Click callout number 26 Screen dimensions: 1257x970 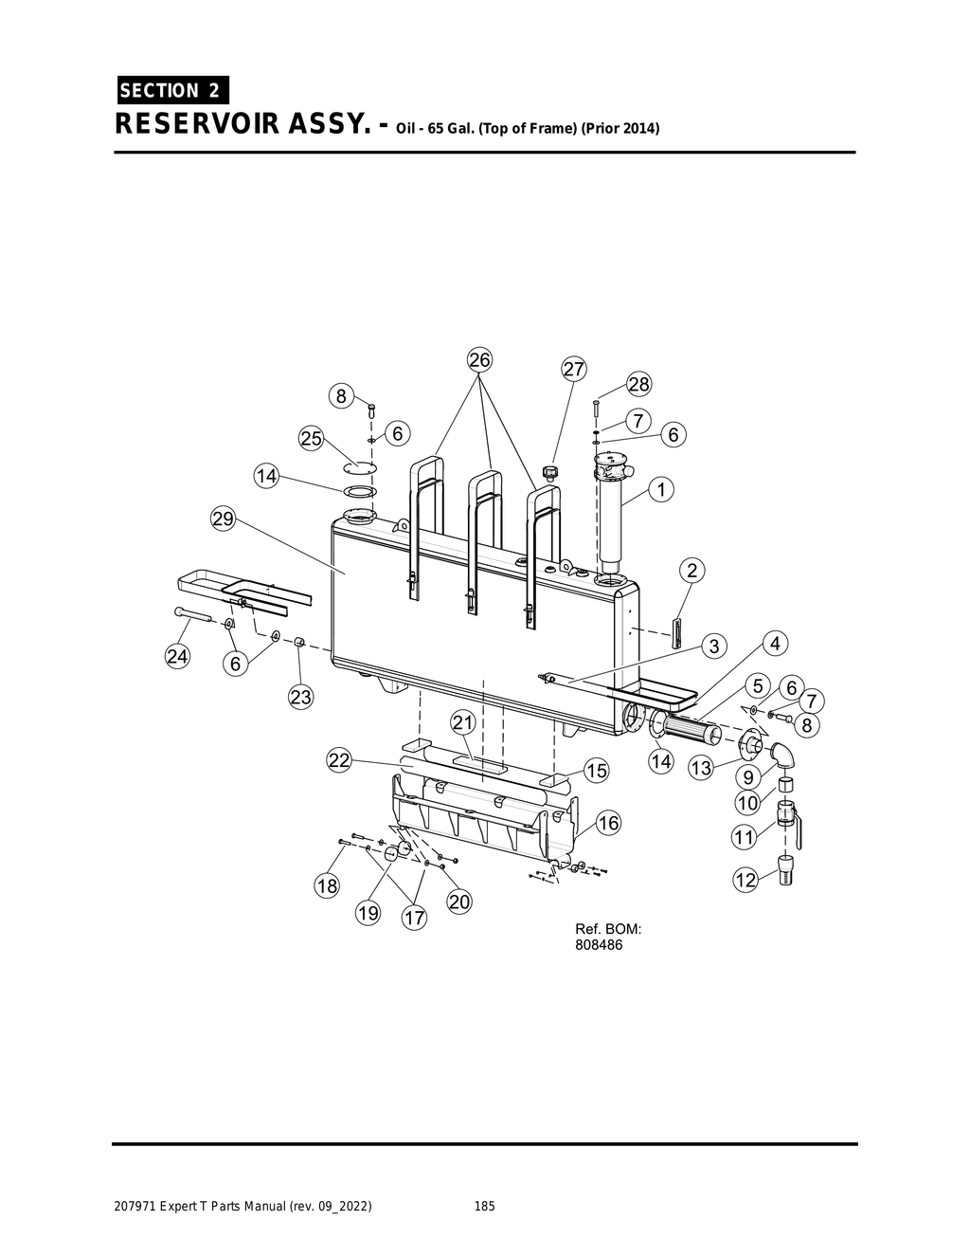480,360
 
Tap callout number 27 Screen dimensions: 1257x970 574,369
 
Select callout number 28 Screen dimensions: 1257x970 639,384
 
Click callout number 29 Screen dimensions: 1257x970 223,519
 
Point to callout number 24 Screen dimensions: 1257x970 177,655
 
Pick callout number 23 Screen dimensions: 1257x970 300,698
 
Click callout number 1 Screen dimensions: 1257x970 660,489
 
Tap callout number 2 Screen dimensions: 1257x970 692,570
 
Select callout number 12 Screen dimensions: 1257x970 746,881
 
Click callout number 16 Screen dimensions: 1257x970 608,823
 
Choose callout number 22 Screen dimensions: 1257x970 339,759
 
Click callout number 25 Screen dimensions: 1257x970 312,438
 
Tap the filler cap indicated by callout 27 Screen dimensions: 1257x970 548,471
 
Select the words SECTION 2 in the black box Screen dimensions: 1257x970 171,90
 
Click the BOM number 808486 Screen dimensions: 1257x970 600,945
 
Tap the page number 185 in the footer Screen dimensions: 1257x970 484,1207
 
